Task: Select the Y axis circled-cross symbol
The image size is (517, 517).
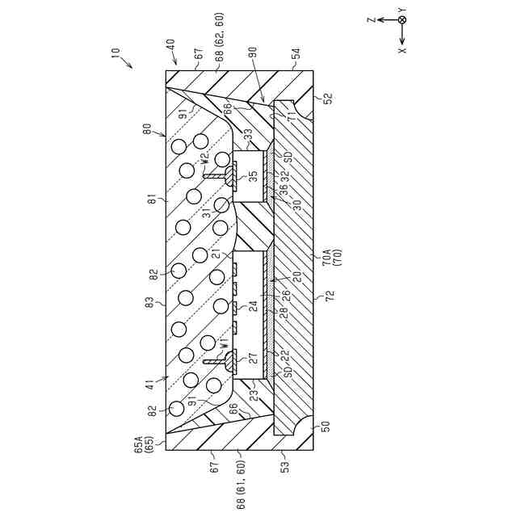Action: (x=402, y=19)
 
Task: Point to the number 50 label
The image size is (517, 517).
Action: (x=326, y=426)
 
